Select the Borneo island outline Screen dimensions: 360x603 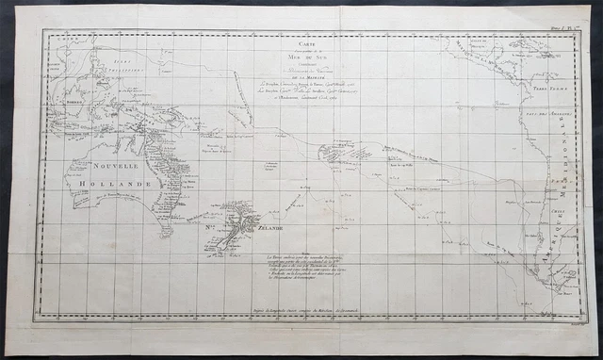pyautogui.click(x=71, y=102)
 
